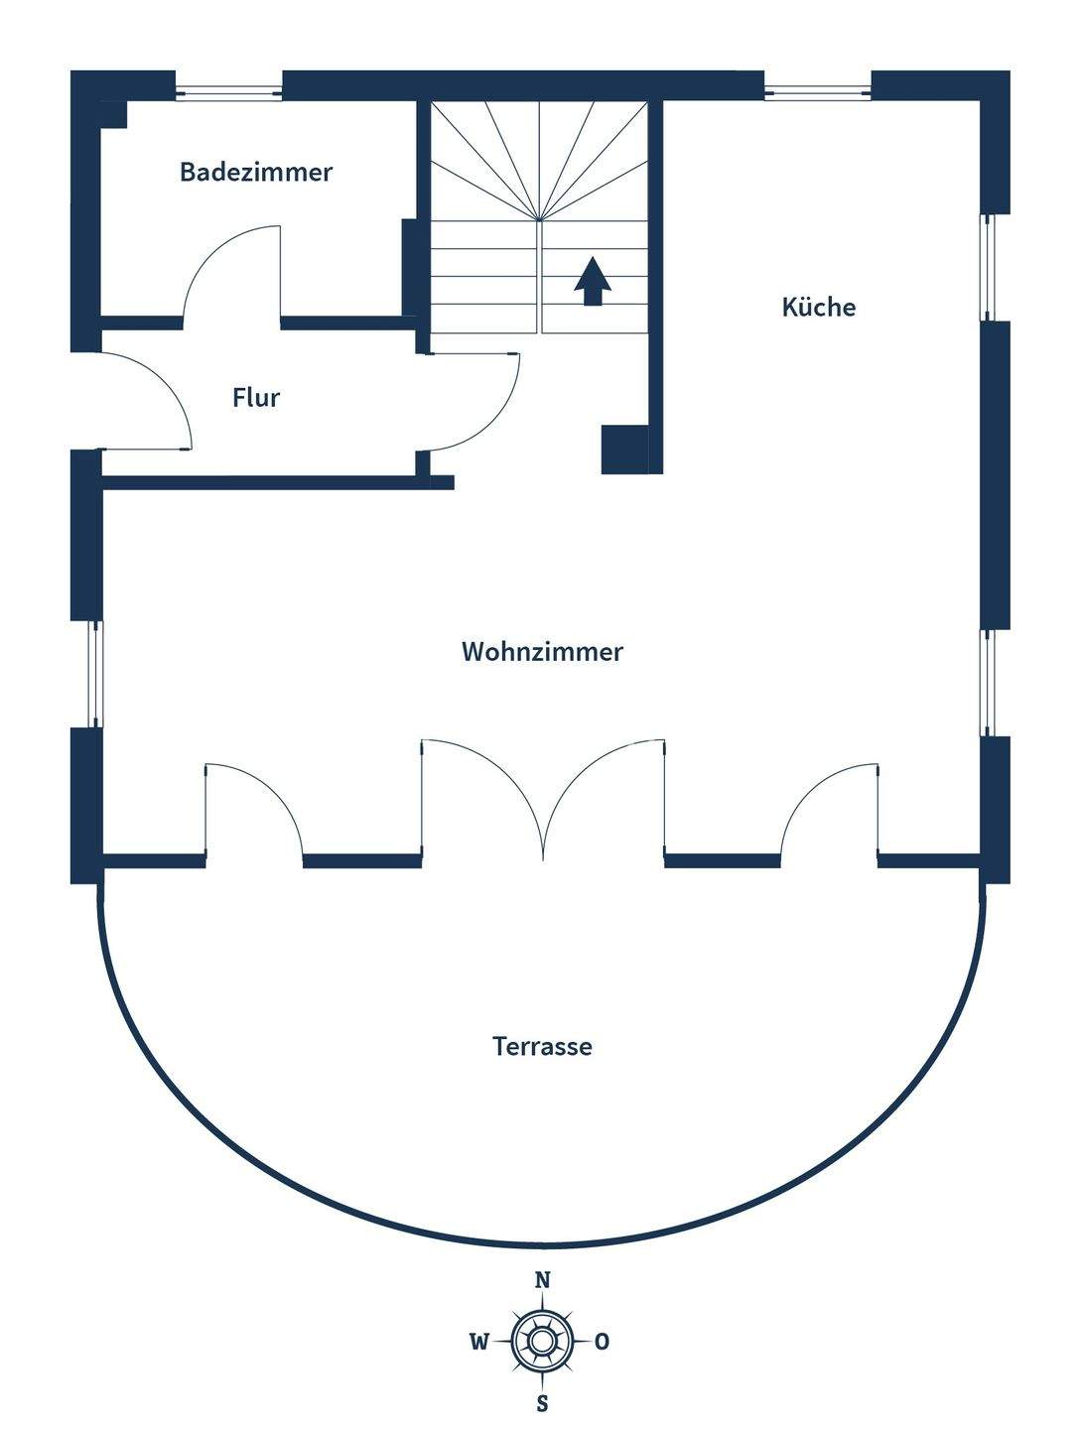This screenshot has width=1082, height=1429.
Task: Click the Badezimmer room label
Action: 256,172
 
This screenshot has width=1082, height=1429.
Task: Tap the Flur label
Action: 256,398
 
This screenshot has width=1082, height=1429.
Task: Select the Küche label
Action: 818,307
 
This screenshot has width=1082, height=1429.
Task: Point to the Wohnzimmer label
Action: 542,652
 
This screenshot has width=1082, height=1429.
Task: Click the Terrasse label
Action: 542,1046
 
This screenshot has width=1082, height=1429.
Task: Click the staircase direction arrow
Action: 593,280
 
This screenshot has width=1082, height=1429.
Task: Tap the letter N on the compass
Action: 542,1280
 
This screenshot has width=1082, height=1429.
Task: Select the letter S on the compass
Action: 542,1403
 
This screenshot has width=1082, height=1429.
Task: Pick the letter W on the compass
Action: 479,1343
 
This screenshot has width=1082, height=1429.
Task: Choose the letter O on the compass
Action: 603,1343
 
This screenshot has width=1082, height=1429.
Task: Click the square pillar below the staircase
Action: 624,450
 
